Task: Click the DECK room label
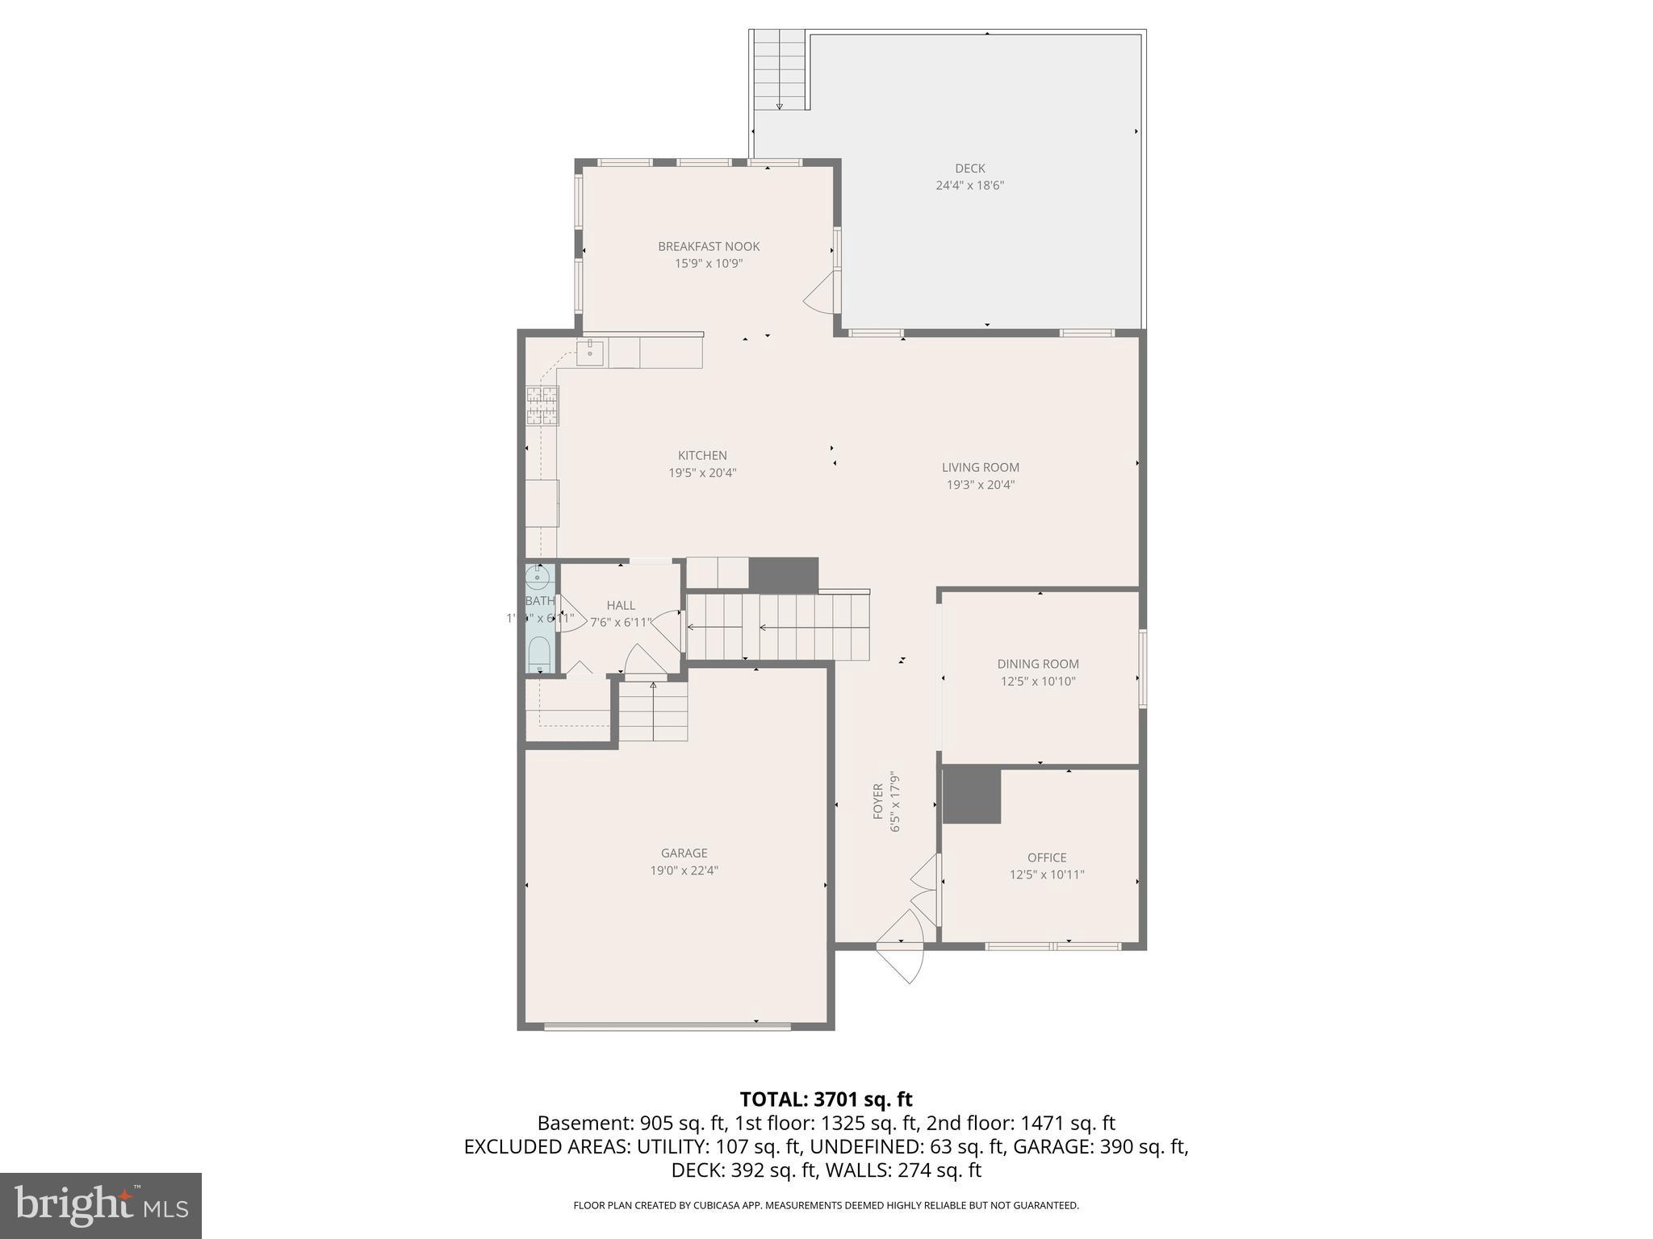(969, 169)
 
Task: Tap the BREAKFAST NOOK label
(709, 247)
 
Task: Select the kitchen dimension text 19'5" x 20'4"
(702, 473)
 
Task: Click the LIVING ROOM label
(980, 467)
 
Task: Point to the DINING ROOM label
(1037, 664)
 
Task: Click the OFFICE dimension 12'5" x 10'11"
(1046, 874)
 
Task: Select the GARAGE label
(684, 853)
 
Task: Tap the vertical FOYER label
(878, 802)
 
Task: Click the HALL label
(621, 605)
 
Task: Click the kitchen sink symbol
(590, 353)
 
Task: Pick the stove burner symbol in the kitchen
(542, 406)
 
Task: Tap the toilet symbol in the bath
(538, 653)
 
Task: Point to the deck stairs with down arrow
(780, 71)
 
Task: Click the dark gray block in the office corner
(971, 795)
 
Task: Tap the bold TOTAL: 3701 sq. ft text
(826, 1099)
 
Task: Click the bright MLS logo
(101, 1205)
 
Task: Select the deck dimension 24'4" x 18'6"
(969, 186)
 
